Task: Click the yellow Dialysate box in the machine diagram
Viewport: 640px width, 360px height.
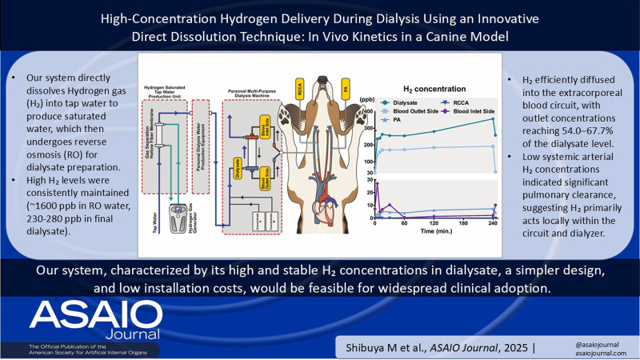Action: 238,167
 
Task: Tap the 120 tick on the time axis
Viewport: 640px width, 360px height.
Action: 434,222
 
